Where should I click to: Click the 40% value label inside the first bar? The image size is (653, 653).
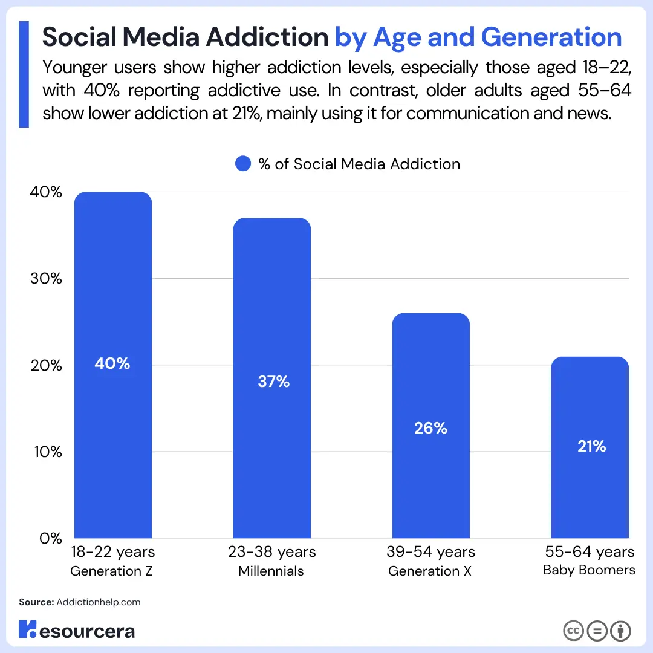click(112, 363)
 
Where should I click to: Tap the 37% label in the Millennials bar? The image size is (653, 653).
click(273, 382)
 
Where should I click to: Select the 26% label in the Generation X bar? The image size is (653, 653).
click(430, 428)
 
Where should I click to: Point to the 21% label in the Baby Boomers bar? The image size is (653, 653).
click(591, 446)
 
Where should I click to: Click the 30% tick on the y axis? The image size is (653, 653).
click(46, 279)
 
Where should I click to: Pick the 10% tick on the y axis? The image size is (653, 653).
click(46, 452)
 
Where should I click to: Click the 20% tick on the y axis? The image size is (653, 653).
click(46, 365)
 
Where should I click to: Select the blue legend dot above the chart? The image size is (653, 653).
click(243, 164)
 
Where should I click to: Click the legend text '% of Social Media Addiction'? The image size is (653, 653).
click(359, 164)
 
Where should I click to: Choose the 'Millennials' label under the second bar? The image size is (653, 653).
click(271, 571)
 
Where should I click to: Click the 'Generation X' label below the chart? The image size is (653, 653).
click(429, 571)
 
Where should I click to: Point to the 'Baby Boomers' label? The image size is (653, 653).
click(589, 570)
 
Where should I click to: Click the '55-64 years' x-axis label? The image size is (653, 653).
click(590, 552)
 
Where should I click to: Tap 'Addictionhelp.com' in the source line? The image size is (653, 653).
click(98, 602)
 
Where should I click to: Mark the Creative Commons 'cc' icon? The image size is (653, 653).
click(573, 631)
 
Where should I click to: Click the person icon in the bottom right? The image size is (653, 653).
click(620, 631)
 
